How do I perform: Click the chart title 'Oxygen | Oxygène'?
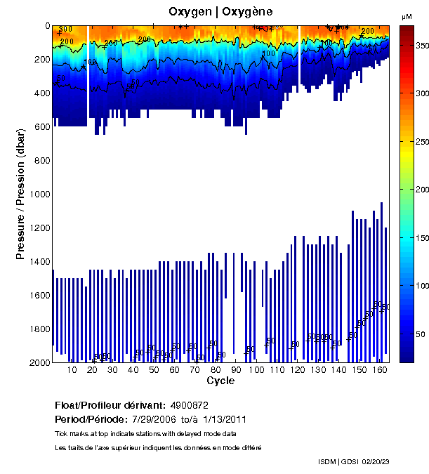[x=220, y=12]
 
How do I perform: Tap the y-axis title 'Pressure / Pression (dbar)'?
[x=20, y=193]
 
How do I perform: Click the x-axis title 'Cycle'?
[x=220, y=381]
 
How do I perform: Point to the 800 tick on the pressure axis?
[x=41, y=161]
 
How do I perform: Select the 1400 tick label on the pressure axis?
[x=39, y=262]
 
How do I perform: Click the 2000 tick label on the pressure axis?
[x=39, y=363]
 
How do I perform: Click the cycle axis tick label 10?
[x=72, y=370]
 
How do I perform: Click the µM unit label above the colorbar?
[x=407, y=16]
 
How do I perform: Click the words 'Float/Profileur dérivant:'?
[x=110, y=405]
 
